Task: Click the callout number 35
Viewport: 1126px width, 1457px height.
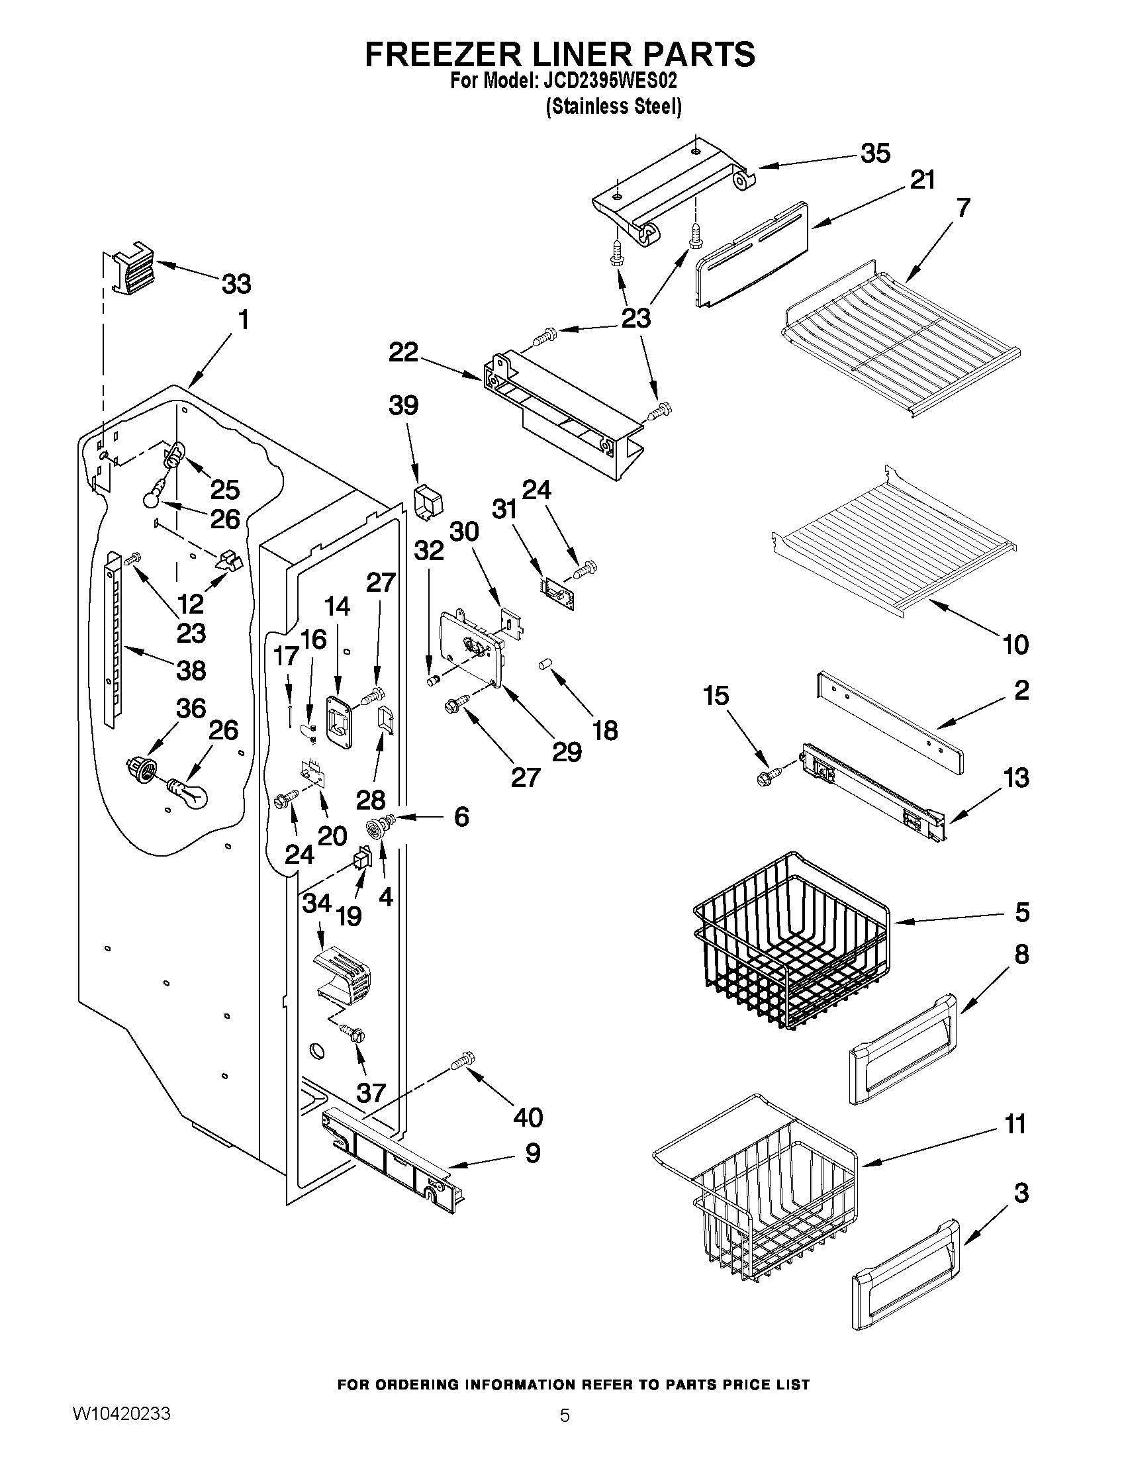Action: point(875,154)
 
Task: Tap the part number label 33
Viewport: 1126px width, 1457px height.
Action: point(236,284)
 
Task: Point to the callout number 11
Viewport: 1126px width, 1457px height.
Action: point(1015,1124)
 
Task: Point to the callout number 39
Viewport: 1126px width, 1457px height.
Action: point(404,405)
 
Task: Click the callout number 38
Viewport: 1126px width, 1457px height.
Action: point(191,670)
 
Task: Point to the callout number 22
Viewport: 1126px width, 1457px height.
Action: point(404,352)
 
